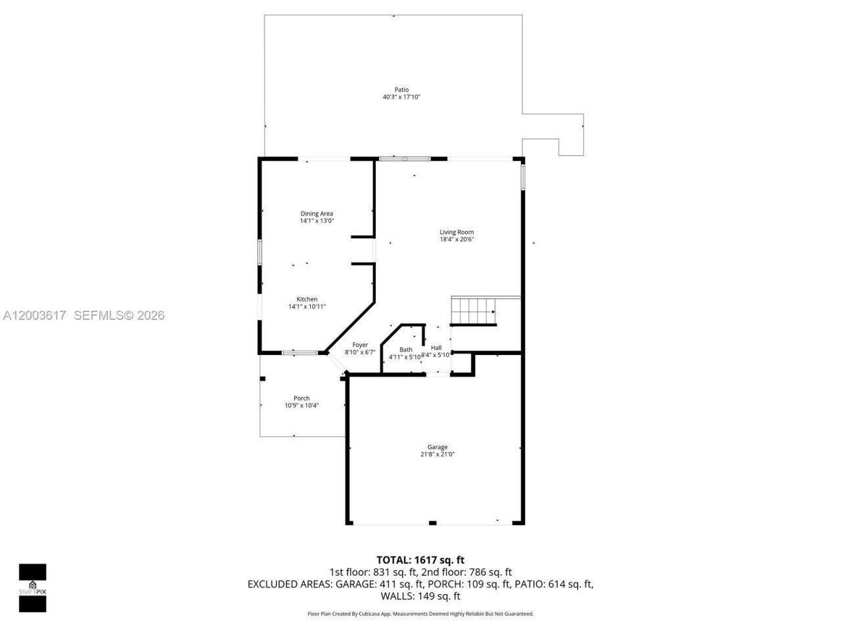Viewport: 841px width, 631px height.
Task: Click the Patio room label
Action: (x=401, y=89)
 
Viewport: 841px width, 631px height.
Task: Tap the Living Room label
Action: (x=457, y=232)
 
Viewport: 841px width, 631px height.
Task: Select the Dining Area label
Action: (x=317, y=214)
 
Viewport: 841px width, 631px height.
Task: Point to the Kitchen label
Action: (x=307, y=299)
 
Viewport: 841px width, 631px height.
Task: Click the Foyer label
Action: (x=360, y=345)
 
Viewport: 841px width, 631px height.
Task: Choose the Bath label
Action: (x=406, y=350)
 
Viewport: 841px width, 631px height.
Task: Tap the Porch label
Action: (x=302, y=398)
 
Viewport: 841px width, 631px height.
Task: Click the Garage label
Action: (x=438, y=447)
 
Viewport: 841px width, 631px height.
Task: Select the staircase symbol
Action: (x=474, y=311)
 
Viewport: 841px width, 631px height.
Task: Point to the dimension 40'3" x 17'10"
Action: (x=401, y=97)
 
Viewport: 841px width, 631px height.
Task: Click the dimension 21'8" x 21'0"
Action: (x=438, y=454)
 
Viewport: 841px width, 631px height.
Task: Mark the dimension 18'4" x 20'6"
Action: (x=457, y=240)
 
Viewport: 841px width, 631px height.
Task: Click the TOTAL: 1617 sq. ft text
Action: (x=420, y=560)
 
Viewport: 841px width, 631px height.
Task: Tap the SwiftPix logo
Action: (x=32, y=588)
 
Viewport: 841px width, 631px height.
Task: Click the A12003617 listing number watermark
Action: (x=34, y=315)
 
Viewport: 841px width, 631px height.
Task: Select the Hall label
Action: (x=436, y=348)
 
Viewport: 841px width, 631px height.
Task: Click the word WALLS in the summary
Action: (x=396, y=596)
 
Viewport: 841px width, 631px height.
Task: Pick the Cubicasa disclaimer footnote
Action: (x=420, y=614)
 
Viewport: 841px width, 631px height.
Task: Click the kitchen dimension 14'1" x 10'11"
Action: (x=307, y=306)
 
